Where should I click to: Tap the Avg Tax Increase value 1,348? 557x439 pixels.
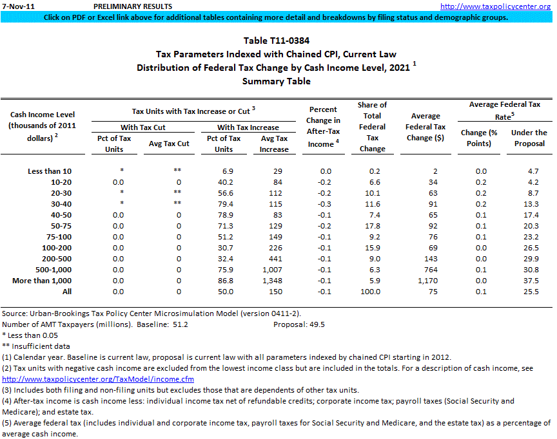(x=274, y=281)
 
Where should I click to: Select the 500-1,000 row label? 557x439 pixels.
(x=45, y=270)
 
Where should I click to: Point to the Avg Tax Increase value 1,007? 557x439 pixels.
(x=274, y=270)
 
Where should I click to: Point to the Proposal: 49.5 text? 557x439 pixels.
(x=299, y=324)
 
